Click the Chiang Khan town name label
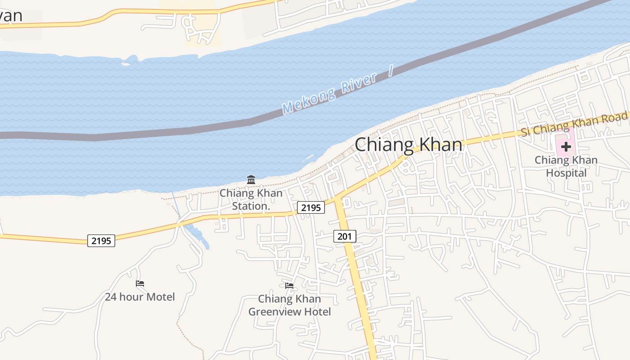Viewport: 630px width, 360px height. (x=409, y=145)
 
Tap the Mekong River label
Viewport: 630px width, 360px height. (x=329, y=92)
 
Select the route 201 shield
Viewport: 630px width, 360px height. (x=345, y=236)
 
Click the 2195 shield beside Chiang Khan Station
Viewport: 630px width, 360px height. (x=310, y=207)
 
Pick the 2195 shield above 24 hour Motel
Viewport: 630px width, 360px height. (x=101, y=241)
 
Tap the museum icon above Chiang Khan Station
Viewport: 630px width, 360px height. (x=251, y=180)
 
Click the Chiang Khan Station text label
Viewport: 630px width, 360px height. (x=251, y=200)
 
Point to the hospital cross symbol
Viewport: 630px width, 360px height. (x=566, y=146)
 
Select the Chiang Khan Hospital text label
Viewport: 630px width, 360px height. (x=566, y=166)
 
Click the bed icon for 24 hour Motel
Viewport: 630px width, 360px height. (x=140, y=283)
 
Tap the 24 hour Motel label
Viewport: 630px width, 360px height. (x=140, y=297)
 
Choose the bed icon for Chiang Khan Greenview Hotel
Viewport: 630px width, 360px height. (x=289, y=285)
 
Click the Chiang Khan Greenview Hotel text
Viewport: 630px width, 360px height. (x=289, y=305)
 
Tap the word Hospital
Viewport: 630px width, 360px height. (x=566, y=173)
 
